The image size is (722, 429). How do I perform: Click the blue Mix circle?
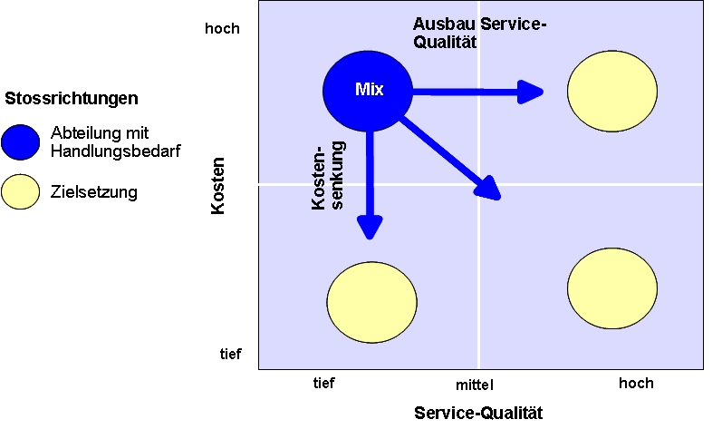click(x=368, y=89)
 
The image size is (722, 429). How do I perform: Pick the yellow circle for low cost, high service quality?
click(x=611, y=288)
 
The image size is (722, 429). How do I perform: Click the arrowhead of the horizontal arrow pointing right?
click(x=531, y=91)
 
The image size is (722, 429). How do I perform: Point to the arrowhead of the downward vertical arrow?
click(x=367, y=227)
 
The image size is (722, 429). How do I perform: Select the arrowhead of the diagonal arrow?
click(x=489, y=189)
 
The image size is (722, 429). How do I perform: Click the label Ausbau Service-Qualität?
click(x=480, y=33)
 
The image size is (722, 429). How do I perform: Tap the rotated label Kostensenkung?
click(x=327, y=177)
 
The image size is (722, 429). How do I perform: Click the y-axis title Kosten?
click(x=217, y=187)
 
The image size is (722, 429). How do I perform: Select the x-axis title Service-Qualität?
click(x=478, y=414)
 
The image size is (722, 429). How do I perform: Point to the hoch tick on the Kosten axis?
click(x=222, y=28)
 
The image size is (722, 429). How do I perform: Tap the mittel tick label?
click(x=477, y=385)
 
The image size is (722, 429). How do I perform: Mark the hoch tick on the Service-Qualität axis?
click(x=636, y=383)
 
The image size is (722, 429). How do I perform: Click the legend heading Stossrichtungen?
click(x=72, y=97)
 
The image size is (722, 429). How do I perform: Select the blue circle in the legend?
click(x=21, y=141)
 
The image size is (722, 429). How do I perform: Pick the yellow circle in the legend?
click(x=21, y=191)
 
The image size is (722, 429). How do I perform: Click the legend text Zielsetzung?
click(x=94, y=191)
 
